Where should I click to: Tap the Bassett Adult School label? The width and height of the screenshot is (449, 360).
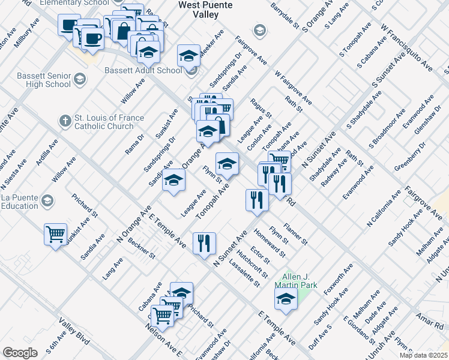[143, 70]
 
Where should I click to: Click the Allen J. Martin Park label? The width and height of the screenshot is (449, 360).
[295, 281]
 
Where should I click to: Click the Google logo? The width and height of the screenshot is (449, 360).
[20, 353]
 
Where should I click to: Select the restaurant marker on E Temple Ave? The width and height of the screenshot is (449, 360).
[204, 242]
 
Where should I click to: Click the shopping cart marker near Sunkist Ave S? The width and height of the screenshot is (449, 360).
[56, 233]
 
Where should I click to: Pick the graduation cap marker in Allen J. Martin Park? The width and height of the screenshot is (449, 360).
[286, 299]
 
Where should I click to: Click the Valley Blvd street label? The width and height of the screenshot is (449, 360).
[74, 332]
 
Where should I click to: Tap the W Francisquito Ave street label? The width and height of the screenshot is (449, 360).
[406, 47]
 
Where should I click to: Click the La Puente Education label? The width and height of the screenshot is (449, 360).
[19, 202]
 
